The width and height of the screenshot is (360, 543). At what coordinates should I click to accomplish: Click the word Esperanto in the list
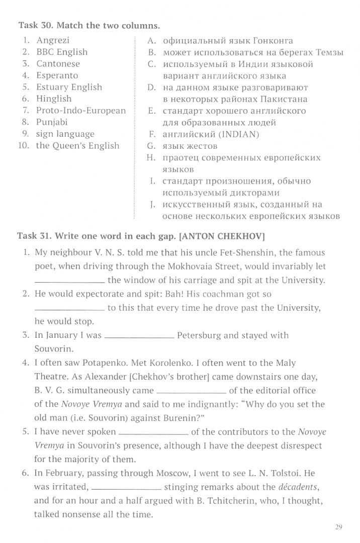pos(57,75)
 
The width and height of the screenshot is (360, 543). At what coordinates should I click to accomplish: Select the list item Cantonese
pos(58,64)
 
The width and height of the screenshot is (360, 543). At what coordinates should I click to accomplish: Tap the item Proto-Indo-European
pos(80,111)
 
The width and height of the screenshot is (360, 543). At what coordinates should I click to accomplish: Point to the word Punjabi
pos(52,122)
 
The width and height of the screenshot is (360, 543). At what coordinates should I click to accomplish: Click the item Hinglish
pos(54,99)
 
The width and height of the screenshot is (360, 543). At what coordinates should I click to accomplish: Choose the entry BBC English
pos(62,52)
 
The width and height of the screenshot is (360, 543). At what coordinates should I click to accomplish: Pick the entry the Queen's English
pos(77,146)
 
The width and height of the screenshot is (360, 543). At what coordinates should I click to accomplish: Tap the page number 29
pos(338,527)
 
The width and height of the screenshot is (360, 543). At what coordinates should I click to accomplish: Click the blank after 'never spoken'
pos(153,433)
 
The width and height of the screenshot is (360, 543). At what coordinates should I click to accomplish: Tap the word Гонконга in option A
pos(270,41)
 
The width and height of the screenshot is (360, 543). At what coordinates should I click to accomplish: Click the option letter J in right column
pos(151,205)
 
